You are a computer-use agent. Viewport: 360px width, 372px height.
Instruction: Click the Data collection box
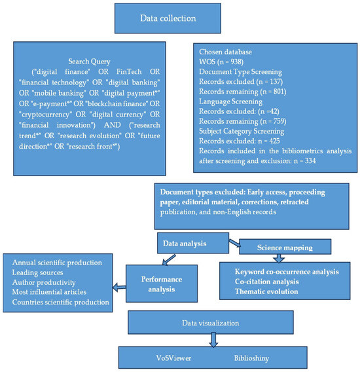tap(168, 18)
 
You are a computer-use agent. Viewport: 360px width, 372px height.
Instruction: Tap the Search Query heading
tap(89, 62)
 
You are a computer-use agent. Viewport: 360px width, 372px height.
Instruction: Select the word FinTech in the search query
tap(129, 71)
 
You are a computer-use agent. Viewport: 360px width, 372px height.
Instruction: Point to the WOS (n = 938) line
tap(221, 62)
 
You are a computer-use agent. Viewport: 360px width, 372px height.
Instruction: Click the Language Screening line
tap(230, 102)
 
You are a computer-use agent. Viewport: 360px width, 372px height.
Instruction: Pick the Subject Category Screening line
tap(242, 131)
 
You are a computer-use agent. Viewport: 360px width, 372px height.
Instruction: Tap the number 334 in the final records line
tap(310, 161)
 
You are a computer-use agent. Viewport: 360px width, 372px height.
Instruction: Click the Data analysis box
tap(193, 243)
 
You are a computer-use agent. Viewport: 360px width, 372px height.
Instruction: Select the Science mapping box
tap(285, 247)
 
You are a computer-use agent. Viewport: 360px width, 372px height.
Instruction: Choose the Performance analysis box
tap(162, 284)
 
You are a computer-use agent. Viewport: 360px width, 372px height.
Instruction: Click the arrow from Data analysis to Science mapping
tap(235, 243)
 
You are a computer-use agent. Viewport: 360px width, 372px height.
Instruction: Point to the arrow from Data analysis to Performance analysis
tap(169, 260)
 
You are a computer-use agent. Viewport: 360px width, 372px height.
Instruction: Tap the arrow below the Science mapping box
tap(279, 258)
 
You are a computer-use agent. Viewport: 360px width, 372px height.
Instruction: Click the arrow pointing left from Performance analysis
tap(119, 288)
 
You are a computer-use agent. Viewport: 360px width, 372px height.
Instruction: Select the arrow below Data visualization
tap(213, 340)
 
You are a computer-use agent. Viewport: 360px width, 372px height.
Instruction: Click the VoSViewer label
tap(173, 358)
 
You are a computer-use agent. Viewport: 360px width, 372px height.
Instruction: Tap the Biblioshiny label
tap(251, 358)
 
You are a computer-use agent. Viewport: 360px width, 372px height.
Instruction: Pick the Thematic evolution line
tap(266, 291)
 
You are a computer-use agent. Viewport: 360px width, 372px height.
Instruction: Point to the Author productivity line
tap(44, 282)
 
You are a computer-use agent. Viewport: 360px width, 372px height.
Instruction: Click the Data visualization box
tap(211, 322)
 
